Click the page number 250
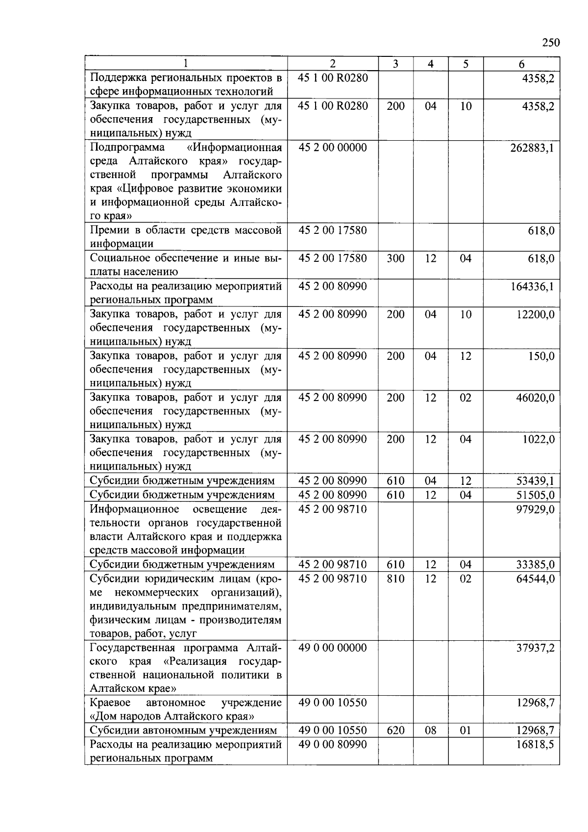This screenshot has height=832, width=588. [x=551, y=43]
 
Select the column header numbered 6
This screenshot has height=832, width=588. [x=521, y=64]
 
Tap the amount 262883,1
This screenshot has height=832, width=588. [x=532, y=148]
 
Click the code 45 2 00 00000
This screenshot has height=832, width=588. [x=332, y=148]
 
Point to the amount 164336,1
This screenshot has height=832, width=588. [x=532, y=286]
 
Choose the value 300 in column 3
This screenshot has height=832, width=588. [x=395, y=258]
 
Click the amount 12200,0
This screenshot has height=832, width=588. [x=535, y=314]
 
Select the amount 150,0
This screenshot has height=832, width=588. [x=541, y=356]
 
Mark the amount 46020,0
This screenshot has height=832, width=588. [x=535, y=398]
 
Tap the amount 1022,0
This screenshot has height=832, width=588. [x=538, y=439]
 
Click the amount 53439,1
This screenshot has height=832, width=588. [x=535, y=481]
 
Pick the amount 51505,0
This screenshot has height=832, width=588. [x=535, y=495]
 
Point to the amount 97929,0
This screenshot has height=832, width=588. [x=535, y=509]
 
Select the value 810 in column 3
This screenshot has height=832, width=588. [x=395, y=579]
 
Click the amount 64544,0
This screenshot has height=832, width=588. [x=535, y=579]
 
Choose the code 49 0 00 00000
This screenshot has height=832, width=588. [x=332, y=648]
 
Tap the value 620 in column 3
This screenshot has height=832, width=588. [x=395, y=731]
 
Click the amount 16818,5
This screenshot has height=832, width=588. [x=535, y=744]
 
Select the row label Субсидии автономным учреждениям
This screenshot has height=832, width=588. [x=183, y=731]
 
